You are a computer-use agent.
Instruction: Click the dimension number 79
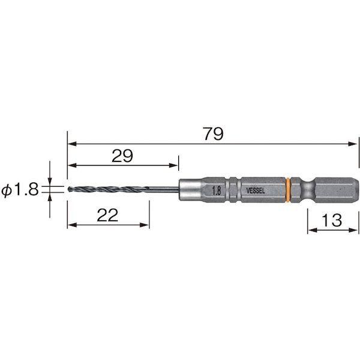click(213, 134)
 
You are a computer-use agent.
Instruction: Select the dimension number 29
click(122, 156)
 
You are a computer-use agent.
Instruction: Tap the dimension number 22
click(107, 215)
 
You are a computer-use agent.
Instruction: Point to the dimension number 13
click(332, 220)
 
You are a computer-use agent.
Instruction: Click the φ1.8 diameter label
click(20, 190)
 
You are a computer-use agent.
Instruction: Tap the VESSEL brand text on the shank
click(256, 191)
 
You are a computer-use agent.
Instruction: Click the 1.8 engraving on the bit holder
click(217, 191)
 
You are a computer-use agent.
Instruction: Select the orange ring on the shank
click(289, 190)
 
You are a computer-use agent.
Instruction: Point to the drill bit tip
click(69, 190)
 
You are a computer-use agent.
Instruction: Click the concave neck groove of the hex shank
click(307, 190)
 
